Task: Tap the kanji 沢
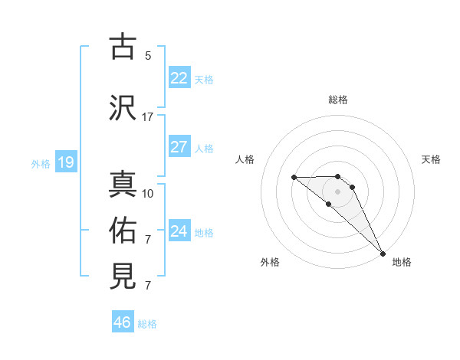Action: [x=123, y=107]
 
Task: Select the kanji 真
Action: [x=123, y=185]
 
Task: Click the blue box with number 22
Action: [x=179, y=78]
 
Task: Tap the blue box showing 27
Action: [x=179, y=147]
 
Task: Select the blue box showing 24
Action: [x=179, y=231]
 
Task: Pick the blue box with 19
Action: [x=65, y=162]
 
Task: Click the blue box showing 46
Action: [x=122, y=322]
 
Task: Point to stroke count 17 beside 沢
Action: [x=148, y=117]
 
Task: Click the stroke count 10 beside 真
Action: [x=148, y=194]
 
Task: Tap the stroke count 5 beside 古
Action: [x=148, y=56]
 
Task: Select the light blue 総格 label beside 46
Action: [x=147, y=324]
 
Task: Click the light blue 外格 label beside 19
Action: [x=40, y=163]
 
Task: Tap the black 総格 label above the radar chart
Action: [x=338, y=100]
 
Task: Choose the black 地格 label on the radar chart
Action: [x=402, y=262]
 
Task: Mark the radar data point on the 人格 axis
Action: [x=294, y=178]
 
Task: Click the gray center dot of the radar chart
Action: [x=338, y=191]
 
